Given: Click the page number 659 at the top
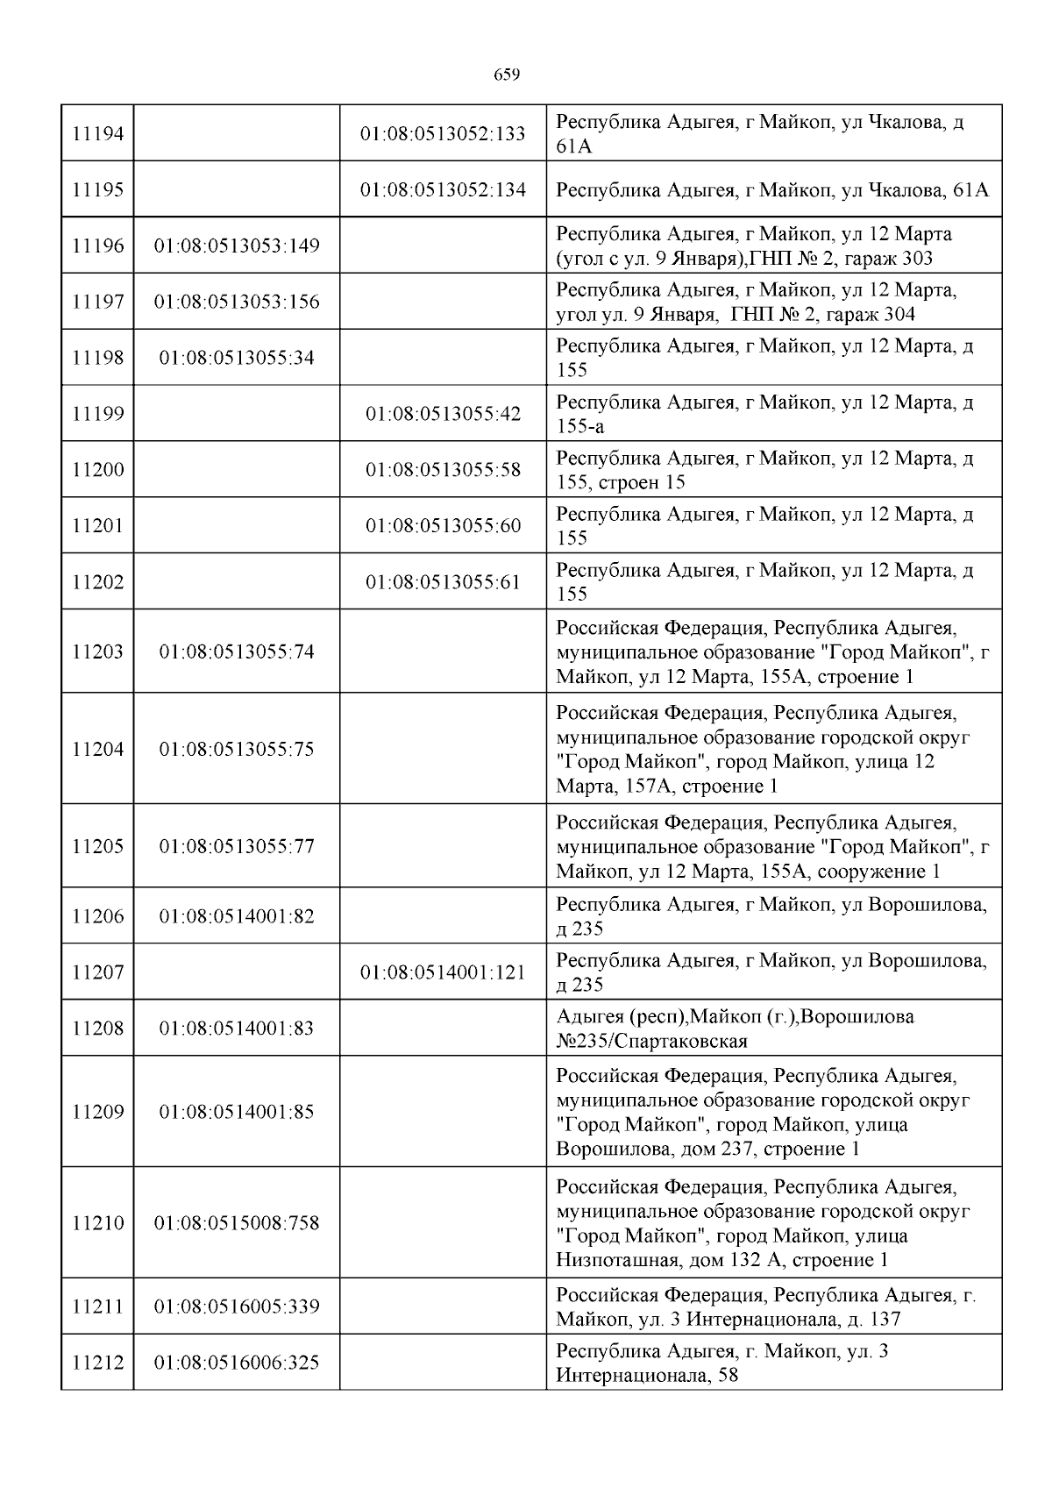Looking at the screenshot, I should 507,75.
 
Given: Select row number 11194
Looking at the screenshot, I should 97,134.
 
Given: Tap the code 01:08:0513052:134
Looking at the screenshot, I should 443,189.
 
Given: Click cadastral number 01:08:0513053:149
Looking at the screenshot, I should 237,246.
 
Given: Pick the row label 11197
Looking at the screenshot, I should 97,303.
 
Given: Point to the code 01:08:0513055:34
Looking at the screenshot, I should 237,358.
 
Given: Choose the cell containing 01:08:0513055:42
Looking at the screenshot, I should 443,414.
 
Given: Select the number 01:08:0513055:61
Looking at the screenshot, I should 443,582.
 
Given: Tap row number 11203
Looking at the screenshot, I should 97,652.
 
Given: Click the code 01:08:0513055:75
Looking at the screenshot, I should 237,750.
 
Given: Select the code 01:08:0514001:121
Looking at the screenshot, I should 443,972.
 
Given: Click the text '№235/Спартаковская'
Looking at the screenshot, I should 651,1041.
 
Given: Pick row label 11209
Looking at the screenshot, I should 97,1113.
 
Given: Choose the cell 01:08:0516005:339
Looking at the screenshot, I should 237,1307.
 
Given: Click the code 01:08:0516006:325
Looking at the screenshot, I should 237,1363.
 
